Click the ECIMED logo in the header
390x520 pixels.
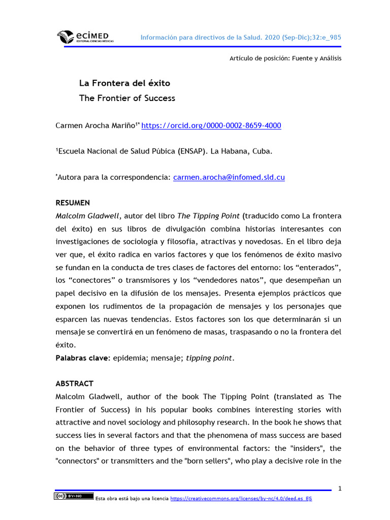85,37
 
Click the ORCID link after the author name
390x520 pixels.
211,126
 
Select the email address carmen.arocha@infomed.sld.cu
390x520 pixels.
229,177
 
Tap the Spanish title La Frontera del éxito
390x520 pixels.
124,83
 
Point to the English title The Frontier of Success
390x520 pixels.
127,99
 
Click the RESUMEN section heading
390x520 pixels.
73,203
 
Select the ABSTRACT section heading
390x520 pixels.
75,383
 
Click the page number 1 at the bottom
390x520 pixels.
340,489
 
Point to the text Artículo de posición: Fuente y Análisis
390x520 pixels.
285,58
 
